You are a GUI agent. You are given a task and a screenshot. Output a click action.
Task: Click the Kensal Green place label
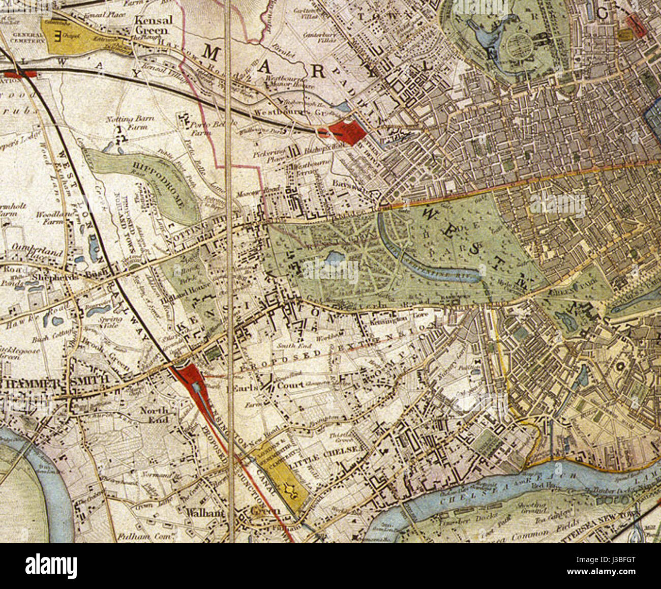pos(153,25)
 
